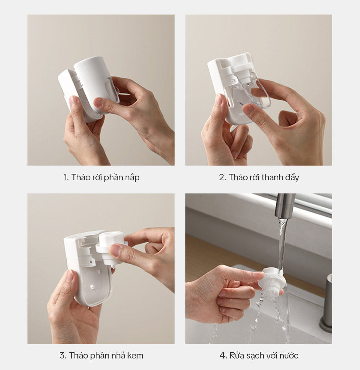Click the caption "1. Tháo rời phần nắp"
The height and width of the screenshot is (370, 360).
tap(101, 177)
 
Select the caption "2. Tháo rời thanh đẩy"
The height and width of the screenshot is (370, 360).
tap(259, 177)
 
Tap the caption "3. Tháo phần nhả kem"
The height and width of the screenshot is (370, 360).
tap(101, 355)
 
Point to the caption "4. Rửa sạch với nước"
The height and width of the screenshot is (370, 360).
tap(259, 355)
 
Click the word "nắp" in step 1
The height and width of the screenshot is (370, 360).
tap(133, 178)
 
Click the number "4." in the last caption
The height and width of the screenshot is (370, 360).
tap(223, 355)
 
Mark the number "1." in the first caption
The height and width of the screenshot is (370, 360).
tap(66, 177)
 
